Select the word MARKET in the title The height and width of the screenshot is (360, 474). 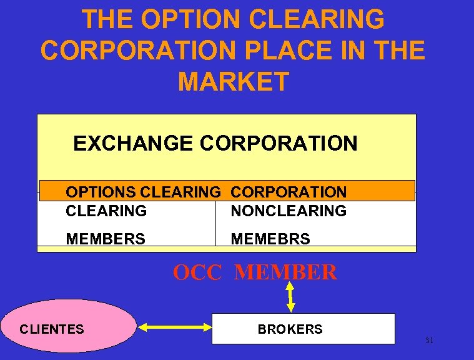click(234, 81)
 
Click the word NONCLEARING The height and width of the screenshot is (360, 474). click(289, 211)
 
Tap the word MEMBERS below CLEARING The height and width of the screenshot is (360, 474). click(106, 239)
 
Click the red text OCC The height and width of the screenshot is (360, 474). click(197, 272)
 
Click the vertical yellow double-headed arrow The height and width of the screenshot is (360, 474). click(291, 296)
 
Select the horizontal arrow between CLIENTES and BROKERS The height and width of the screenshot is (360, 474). click(174, 326)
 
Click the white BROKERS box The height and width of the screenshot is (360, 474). click(304, 329)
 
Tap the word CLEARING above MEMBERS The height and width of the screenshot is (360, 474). click(106, 211)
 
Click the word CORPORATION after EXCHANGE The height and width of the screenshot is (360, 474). click(279, 144)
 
